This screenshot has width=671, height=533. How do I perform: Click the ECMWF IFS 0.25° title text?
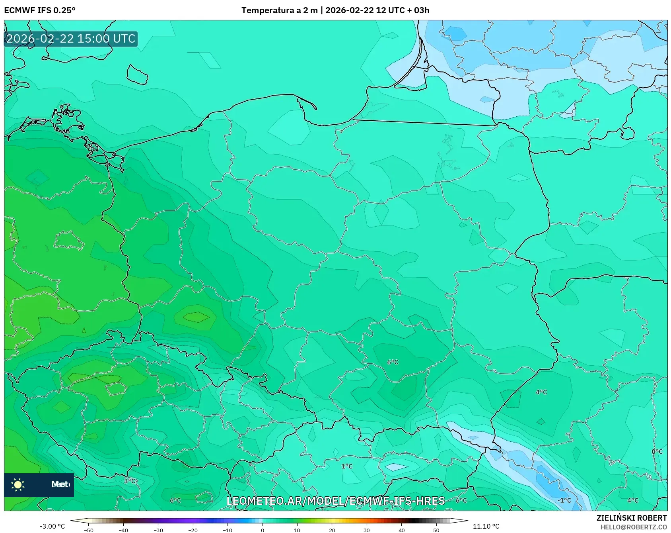pos(39,10)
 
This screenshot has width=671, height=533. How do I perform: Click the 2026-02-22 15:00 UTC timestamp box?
pos(71,39)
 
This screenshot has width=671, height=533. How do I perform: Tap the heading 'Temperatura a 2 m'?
pos(279,10)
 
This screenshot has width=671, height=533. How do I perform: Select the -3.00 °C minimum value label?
pos(52,526)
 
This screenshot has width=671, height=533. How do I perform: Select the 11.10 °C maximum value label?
pos(486,526)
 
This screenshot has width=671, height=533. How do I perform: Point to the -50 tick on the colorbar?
pos(89,530)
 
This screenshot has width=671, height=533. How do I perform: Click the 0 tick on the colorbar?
pos(262,530)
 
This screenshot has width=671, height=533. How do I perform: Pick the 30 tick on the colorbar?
pos(366,530)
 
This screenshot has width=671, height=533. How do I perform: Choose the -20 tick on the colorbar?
pos(193,530)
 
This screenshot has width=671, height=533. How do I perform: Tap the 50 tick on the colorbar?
pos(436,530)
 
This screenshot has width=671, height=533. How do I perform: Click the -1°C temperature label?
pos(564,500)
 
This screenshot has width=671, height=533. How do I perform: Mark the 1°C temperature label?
pos(347,466)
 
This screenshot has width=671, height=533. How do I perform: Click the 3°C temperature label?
pos(130,481)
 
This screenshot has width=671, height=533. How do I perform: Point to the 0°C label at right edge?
pos(657,451)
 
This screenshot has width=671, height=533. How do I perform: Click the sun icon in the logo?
pos(18,484)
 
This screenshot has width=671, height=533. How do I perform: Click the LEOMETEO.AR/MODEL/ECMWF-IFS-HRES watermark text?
pos(335,501)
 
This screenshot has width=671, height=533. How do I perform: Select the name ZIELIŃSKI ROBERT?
pos(631,518)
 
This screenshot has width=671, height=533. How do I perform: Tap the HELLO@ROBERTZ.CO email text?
pos(633,527)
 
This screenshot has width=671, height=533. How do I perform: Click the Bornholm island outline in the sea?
pos(137,75)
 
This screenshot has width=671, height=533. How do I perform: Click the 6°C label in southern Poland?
pos(393,362)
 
